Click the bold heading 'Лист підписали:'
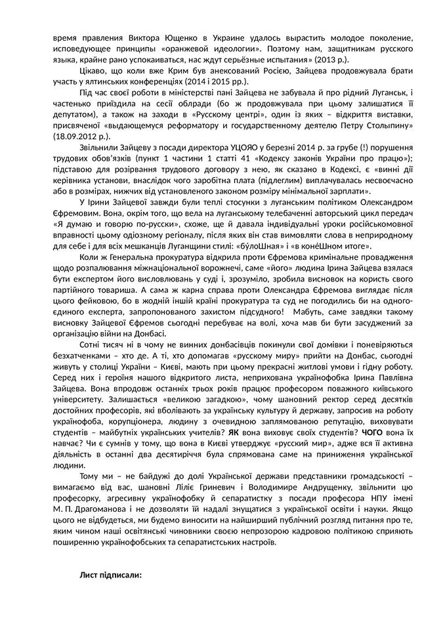click(x=110, y=574)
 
